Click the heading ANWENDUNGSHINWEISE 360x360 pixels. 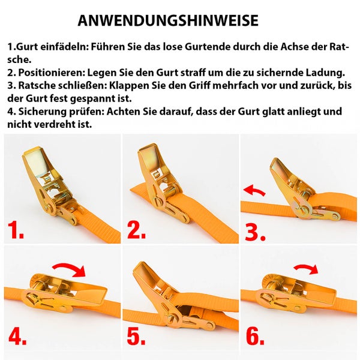pyautogui.click(x=168, y=20)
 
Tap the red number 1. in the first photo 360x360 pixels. pyautogui.click(x=16, y=230)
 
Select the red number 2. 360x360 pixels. pyautogui.click(x=136, y=230)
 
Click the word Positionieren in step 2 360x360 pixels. pyautogui.click(x=52, y=73)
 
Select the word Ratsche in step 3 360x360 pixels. pyautogui.click(x=36, y=85)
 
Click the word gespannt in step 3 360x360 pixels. pyautogui.click(x=89, y=99)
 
